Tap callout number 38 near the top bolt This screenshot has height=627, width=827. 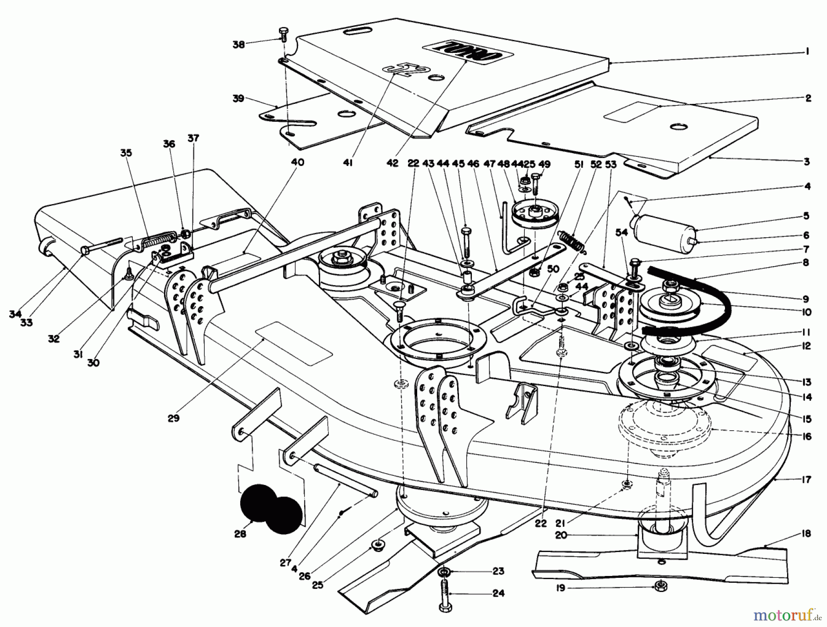coord(239,45)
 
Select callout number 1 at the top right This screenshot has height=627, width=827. coord(807,52)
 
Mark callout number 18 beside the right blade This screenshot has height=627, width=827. coord(807,534)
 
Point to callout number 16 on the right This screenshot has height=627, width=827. coord(807,436)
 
